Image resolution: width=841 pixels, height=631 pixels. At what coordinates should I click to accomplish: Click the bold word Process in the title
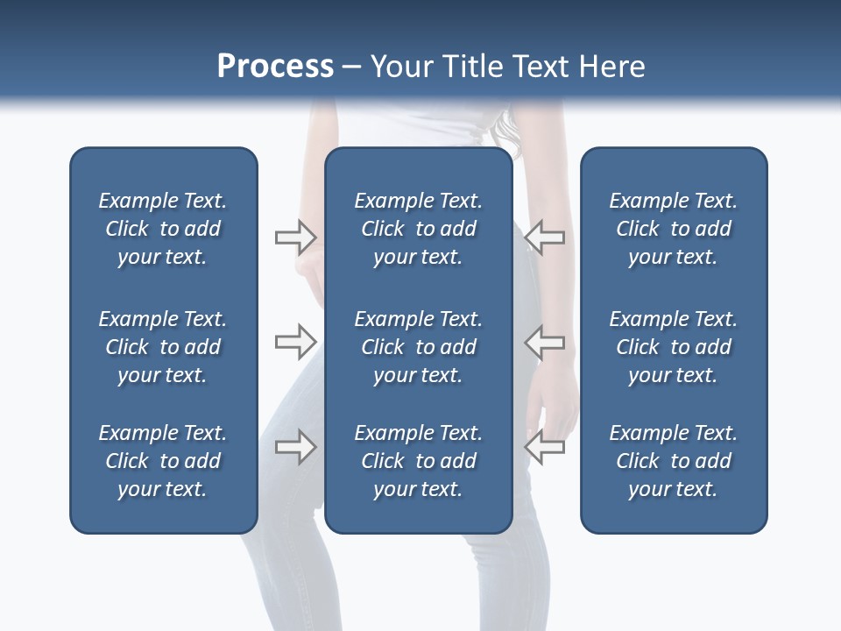point(275,67)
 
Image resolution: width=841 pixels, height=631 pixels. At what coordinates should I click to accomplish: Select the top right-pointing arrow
point(295,238)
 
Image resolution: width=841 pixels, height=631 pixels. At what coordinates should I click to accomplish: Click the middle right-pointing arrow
point(295,342)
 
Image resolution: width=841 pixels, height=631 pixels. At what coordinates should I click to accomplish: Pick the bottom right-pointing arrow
point(295,447)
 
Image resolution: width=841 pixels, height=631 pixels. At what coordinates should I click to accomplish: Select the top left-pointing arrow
point(545,238)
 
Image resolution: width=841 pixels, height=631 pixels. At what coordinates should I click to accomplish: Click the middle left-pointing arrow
point(545,342)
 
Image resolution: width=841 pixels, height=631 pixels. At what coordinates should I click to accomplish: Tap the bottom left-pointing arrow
point(545,447)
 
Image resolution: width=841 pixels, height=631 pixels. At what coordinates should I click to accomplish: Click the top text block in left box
point(163,229)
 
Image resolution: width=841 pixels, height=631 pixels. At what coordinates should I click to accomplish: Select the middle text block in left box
point(163,347)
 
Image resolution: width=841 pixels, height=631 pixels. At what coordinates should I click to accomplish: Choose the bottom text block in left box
point(163,461)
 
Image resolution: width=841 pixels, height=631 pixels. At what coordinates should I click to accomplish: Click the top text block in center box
point(419,229)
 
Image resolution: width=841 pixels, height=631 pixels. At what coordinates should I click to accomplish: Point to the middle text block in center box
point(419,347)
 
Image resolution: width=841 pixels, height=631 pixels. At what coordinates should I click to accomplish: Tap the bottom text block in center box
point(419,461)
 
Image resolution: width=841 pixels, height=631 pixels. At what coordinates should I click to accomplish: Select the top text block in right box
point(674,229)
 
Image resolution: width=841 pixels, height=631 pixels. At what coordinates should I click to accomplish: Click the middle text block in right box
point(674,347)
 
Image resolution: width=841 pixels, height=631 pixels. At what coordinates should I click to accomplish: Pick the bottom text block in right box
point(674,461)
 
